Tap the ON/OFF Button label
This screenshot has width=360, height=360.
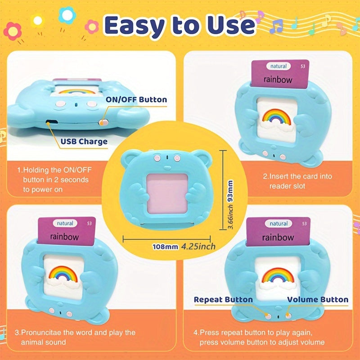click(136, 99)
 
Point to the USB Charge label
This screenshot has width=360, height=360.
click(84, 141)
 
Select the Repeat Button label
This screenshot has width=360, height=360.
click(223, 300)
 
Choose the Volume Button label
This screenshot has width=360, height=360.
click(318, 300)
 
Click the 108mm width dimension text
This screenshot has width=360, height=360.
click(165, 247)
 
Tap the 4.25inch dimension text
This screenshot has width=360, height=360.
click(198, 247)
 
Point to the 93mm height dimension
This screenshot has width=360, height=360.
click(230, 191)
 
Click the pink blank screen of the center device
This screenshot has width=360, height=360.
click(167, 193)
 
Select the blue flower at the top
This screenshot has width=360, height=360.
click(67, 15)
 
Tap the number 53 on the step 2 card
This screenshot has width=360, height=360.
click(303, 66)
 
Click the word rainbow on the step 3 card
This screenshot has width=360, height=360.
click(64, 237)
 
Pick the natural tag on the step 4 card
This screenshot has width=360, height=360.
click(279, 224)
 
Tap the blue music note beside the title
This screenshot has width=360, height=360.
click(276, 27)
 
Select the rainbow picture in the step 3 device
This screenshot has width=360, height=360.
click(63, 275)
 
